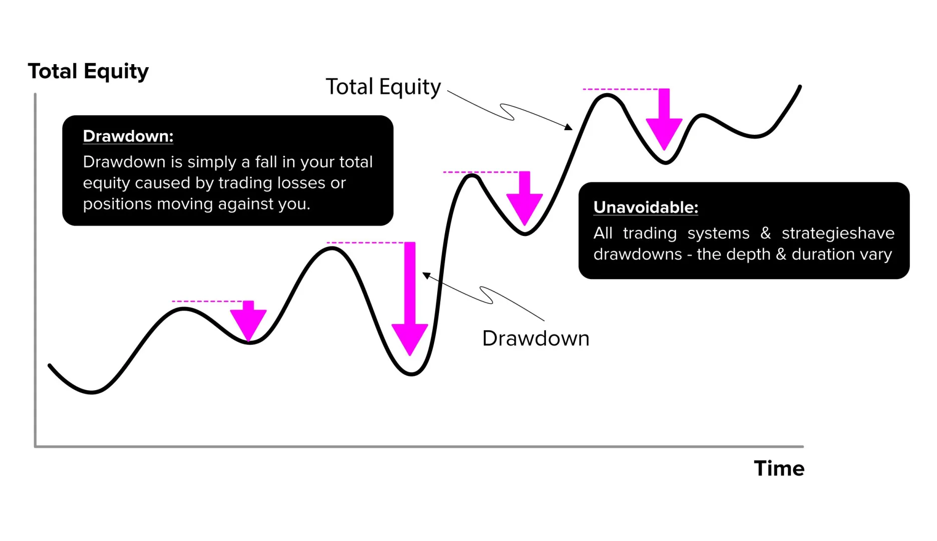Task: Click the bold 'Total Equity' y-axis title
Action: [x=88, y=71]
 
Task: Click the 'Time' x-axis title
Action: [x=779, y=468]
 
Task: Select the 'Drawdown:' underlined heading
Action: [x=128, y=136]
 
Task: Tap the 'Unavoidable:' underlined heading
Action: [x=646, y=207]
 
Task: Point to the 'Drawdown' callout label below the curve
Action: [x=535, y=339]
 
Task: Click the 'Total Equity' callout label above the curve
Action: [x=383, y=87]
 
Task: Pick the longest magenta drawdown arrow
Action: [x=410, y=301]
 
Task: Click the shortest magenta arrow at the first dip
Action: [x=248, y=321]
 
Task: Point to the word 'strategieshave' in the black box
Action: [x=837, y=233]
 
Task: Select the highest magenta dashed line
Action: [x=621, y=90]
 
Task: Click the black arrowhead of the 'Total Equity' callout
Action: [x=568, y=127]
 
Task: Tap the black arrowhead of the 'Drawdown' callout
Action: [x=426, y=275]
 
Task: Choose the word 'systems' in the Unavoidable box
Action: [x=718, y=233]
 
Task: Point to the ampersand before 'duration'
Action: [x=781, y=254]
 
